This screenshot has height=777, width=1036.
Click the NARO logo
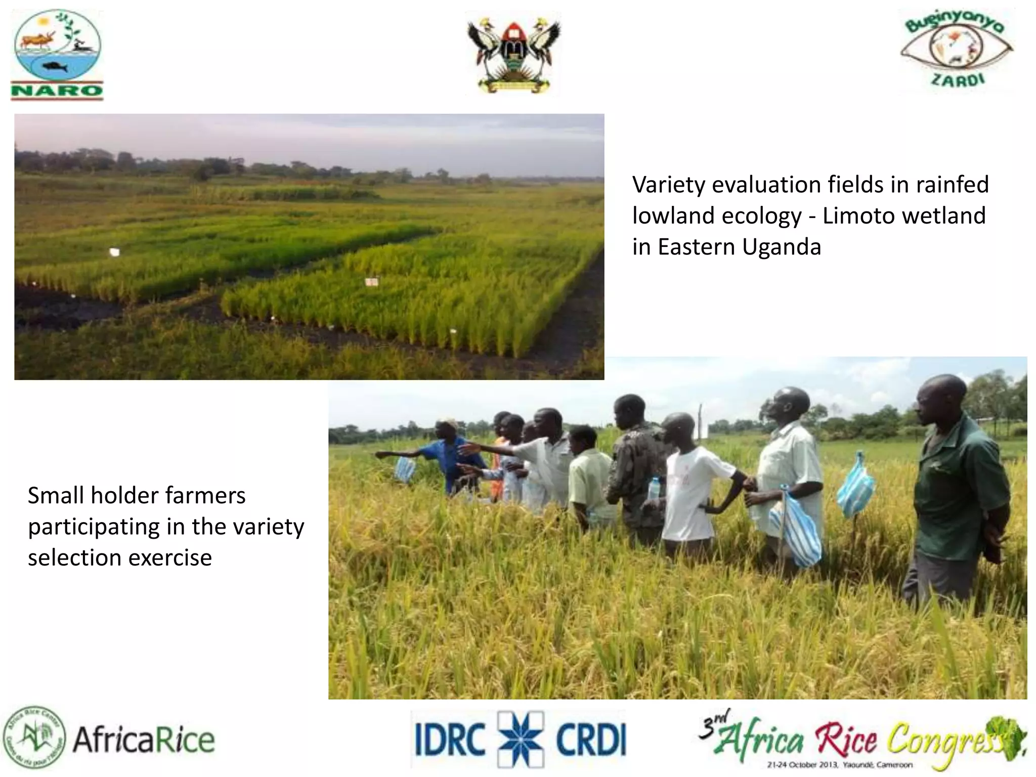point(57,55)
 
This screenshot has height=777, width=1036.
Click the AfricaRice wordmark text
point(144,740)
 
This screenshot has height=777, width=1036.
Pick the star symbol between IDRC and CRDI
point(521,739)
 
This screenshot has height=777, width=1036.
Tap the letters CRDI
point(591,739)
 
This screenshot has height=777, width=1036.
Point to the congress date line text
point(840,765)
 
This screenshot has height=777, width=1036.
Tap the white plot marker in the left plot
point(115,251)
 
